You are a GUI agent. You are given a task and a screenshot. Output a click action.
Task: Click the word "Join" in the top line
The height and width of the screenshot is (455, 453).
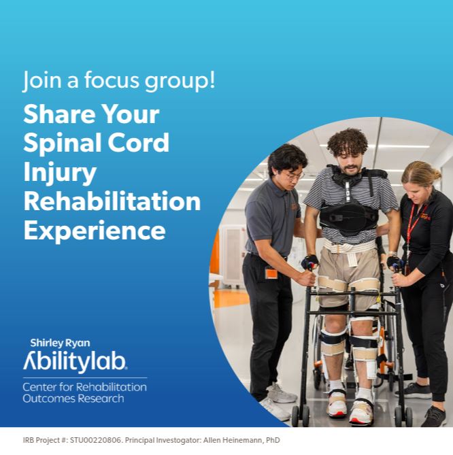(42, 80)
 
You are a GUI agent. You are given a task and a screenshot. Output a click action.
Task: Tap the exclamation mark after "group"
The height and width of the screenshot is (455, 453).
(212, 79)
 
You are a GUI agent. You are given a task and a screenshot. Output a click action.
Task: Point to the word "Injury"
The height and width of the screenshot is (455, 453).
(60, 173)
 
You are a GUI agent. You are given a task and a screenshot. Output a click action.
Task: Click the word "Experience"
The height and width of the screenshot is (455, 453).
(95, 231)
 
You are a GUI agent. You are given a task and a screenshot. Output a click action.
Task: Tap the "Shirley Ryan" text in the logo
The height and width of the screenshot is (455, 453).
(60, 343)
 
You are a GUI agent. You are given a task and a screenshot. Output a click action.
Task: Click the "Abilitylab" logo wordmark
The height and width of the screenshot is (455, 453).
(75, 362)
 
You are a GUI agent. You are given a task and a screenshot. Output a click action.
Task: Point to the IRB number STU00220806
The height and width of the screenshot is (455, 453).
(95, 440)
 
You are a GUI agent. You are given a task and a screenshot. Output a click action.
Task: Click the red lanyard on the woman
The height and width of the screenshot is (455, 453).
(414, 224)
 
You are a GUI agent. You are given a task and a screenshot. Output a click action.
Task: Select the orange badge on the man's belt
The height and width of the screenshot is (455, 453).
(271, 273)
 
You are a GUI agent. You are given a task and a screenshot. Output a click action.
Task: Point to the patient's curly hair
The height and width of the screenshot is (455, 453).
(347, 141)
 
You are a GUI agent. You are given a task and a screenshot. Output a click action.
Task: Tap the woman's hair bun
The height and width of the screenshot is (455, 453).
(436, 173)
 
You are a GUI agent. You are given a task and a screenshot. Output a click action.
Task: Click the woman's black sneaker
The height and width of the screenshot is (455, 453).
(435, 416)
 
